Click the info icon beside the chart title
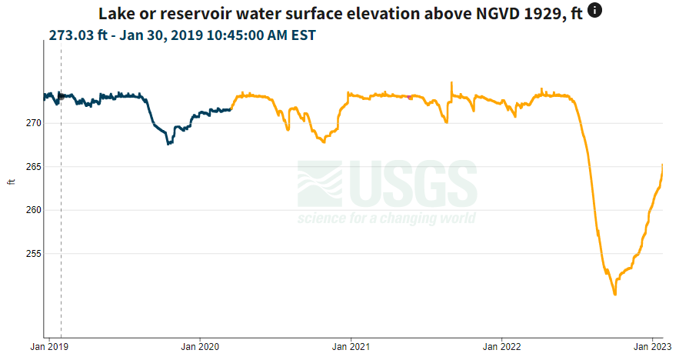(594, 10)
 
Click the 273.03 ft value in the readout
(78, 35)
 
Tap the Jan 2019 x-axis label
(49, 347)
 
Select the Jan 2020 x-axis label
(200, 347)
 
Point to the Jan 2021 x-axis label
(351, 347)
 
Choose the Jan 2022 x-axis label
(502, 347)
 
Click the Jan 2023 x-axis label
(653, 347)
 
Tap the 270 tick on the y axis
(33, 124)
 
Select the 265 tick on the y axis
(33, 167)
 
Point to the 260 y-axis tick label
(33, 210)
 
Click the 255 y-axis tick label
(33, 253)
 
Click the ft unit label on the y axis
(12, 182)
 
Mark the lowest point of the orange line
(615, 295)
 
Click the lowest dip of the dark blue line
(168, 143)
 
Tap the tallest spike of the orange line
(451, 82)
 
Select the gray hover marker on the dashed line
(61, 97)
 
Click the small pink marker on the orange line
(410, 98)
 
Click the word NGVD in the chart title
(498, 14)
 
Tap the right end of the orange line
(663, 165)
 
